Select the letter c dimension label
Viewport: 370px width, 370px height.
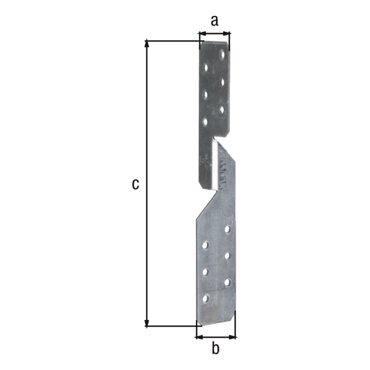click(x=135, y=184)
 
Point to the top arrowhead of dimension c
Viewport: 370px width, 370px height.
click(x=147, y=43)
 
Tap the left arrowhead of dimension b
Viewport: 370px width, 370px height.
click(x=199, y=337)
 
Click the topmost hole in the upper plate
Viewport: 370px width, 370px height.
click(x=222, y=55)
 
